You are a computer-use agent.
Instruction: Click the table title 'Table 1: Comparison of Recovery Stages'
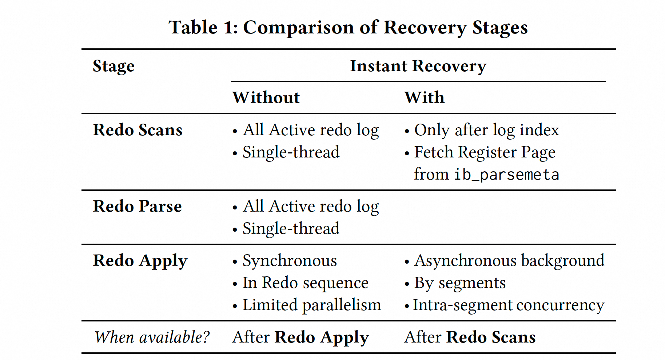coord(348,28)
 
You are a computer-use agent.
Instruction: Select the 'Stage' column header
coord(114,66)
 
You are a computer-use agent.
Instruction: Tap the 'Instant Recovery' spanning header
coord(418,66)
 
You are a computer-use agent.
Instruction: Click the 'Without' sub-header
coord(266,97)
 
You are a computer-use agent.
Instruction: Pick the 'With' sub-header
coord(424,97)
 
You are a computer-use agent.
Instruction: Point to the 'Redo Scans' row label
coord(138,130)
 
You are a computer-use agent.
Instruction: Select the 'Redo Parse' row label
coord(137,207)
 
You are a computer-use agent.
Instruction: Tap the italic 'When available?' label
coord(152,337)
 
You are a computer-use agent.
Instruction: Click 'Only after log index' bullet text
coord(486,130)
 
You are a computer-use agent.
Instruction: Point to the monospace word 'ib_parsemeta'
coord(506,175)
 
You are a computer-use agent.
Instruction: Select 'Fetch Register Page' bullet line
coord(485,152)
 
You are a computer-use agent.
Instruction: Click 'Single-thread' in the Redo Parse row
coord(291,229)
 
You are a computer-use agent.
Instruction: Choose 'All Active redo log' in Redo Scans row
coord(311,130)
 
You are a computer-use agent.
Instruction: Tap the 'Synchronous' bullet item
coord(290,261)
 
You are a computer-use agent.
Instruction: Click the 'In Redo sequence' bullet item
coord(305,283)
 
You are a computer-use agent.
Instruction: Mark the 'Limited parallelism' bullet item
coord(311,305)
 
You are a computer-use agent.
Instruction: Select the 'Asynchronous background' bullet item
coord(509,261)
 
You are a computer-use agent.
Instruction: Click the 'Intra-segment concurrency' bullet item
coord(508,305)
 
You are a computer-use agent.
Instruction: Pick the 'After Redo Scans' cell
coord(470,337)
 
